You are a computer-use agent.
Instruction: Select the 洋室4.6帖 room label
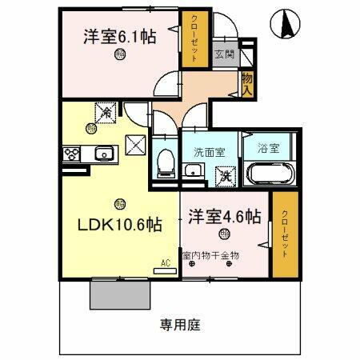pyautogui.click(x=225, y=216)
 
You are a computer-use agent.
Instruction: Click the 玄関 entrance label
pyautogui.click(x=224, y=54)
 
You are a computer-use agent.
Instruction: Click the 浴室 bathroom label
pyautogui.click(x=267, y=148)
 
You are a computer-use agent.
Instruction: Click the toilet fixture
pyautogui.click(x=166, y=162)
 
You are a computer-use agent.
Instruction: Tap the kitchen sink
pyautogui.click(x=102, y=154)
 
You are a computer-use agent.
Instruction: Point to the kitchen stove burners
pyautogui.click(x=69, y=154)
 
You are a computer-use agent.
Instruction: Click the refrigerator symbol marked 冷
pyautogui.click(x=106, y=114)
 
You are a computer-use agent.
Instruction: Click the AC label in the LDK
pyautogui.click(x=166, y=262)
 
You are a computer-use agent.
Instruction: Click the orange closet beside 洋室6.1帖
pyautogui.click(x=193, y=39)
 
